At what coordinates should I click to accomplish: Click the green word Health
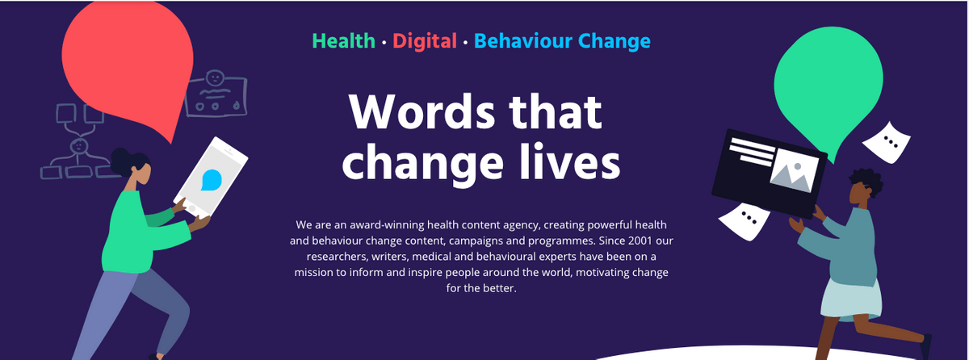click(343, 41)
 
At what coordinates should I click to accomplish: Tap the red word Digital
click(425, 41)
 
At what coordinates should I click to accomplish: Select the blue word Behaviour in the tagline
click(522, 41)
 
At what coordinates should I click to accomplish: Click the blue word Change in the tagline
click(615, 42)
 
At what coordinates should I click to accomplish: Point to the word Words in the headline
click(422, 111)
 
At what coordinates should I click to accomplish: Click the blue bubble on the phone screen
click(211, 180)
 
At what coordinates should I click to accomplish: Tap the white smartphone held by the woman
click(211, 178)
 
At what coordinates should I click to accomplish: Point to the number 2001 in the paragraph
click(640, 241)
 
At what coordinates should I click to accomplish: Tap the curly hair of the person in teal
click(866, 181)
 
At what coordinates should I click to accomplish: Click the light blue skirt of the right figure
click(850, 300)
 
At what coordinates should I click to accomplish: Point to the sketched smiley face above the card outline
click(215, 78)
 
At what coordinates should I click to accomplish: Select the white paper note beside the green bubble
click(887, 143)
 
